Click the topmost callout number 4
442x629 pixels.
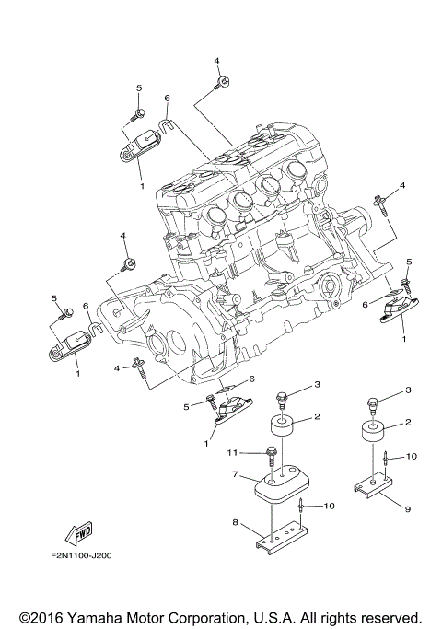coord(217,60)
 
